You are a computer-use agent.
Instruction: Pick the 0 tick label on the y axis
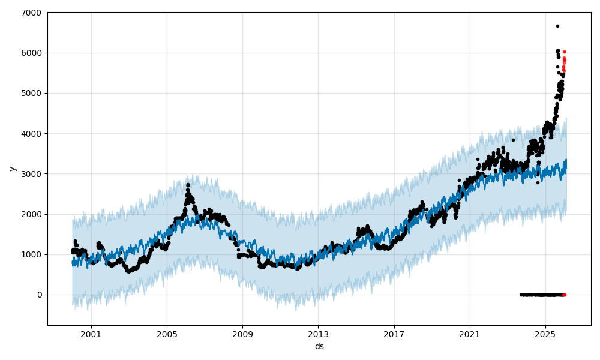pos(39,295)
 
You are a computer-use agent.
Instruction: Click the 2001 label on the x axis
pos(91,334)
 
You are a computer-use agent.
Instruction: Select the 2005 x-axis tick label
pos(167,334)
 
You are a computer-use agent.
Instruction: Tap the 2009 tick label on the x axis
pos(242,334)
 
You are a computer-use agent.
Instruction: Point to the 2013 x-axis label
pos(319,334)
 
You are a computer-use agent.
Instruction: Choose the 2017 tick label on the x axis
pos(394,334)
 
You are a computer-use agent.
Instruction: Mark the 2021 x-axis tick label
pos(470,334)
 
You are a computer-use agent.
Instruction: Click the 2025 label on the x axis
pos(545,334)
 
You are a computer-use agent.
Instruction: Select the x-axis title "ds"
pos(319,346)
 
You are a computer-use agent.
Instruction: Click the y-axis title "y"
pos(11,169)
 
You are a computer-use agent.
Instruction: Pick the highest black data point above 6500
pos(557,26)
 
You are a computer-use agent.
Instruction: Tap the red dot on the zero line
pos(564,295)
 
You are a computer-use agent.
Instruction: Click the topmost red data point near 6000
pos(564,52)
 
